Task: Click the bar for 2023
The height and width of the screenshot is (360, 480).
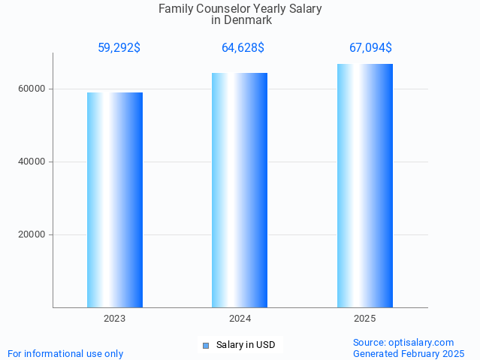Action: [115, 200]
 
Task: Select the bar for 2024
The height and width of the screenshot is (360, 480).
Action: [240, 190]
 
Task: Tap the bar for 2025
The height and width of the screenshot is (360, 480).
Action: [365, 186]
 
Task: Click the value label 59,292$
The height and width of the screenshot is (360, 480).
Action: [119, 48]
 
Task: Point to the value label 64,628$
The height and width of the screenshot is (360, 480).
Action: [243, 48]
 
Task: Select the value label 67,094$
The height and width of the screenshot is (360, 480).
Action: [370, 48]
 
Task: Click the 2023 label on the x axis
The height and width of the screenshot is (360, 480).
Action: [115, 319]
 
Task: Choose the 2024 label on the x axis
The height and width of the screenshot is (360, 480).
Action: [240, 319]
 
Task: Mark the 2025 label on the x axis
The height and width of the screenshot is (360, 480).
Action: [365, 319]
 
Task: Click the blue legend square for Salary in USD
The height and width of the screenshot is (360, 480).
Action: [205, 346]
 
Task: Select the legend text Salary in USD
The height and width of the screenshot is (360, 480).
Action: [246, 346]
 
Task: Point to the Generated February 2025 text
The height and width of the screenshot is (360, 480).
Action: [408, 353]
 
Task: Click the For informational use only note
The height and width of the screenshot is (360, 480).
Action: [65, 353]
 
